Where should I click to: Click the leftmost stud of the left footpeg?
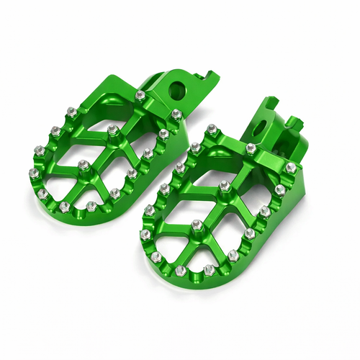click(32, 172)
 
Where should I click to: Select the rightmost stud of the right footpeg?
click(290, 167)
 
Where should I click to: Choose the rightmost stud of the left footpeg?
click(176, 113)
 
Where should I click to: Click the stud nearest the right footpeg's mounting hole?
click(250, 148)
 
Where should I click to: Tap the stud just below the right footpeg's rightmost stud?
click(279, 190)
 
